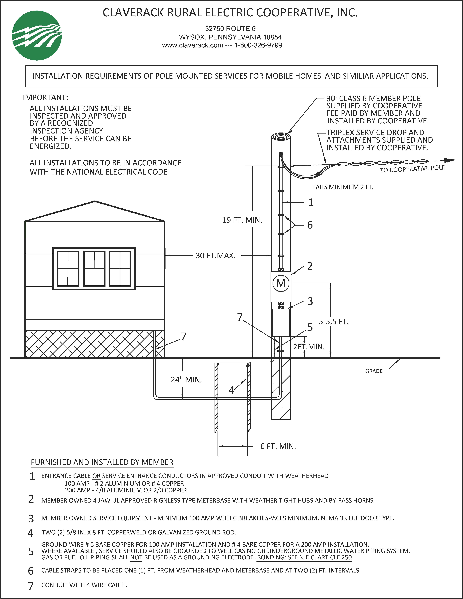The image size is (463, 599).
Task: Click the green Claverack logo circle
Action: (37, 36)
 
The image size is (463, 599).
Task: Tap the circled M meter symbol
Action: (281, 283)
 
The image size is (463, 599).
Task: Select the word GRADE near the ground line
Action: (374, 371)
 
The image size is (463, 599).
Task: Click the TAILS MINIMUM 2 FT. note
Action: (343, 187)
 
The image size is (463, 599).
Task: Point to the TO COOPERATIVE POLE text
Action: (412, 169)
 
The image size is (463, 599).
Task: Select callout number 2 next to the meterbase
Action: (310, 266)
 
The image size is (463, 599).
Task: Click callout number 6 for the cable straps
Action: (310, 225)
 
